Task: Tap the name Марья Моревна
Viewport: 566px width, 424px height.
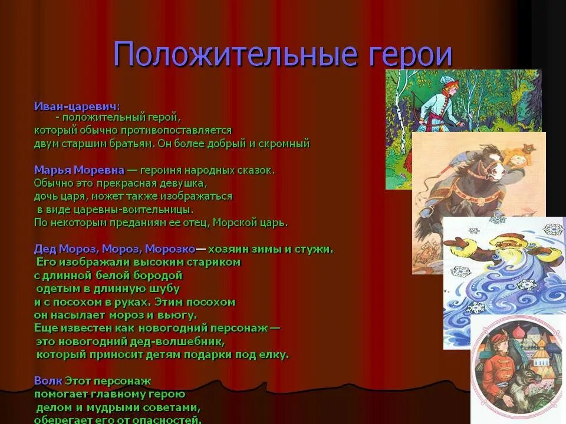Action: click(79, 170)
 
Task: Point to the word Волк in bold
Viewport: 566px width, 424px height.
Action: click(47, 381)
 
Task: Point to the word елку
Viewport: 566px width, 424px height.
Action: click(273, 355)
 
